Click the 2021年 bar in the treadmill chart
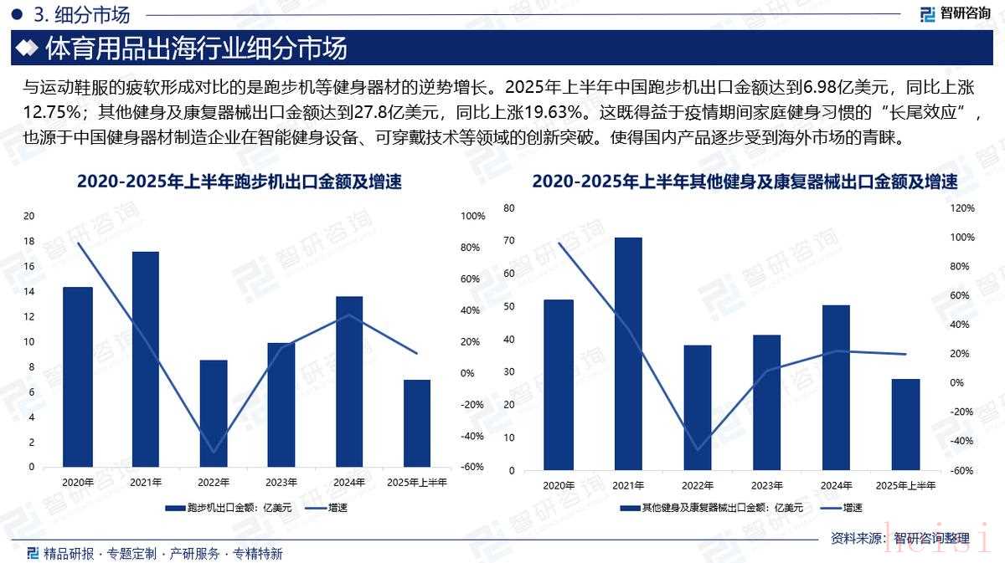(146, 359)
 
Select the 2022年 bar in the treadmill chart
(214, 413)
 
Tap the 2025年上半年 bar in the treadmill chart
(417, 423)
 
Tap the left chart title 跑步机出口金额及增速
(239, 182)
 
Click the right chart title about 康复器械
(745, 182)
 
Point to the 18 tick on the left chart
(29, 242)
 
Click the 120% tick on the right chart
(963, 208)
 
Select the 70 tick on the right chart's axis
(510, 241)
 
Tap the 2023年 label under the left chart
(281, 482)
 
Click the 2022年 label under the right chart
(698, 485)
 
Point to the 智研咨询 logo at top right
(955, 13)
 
